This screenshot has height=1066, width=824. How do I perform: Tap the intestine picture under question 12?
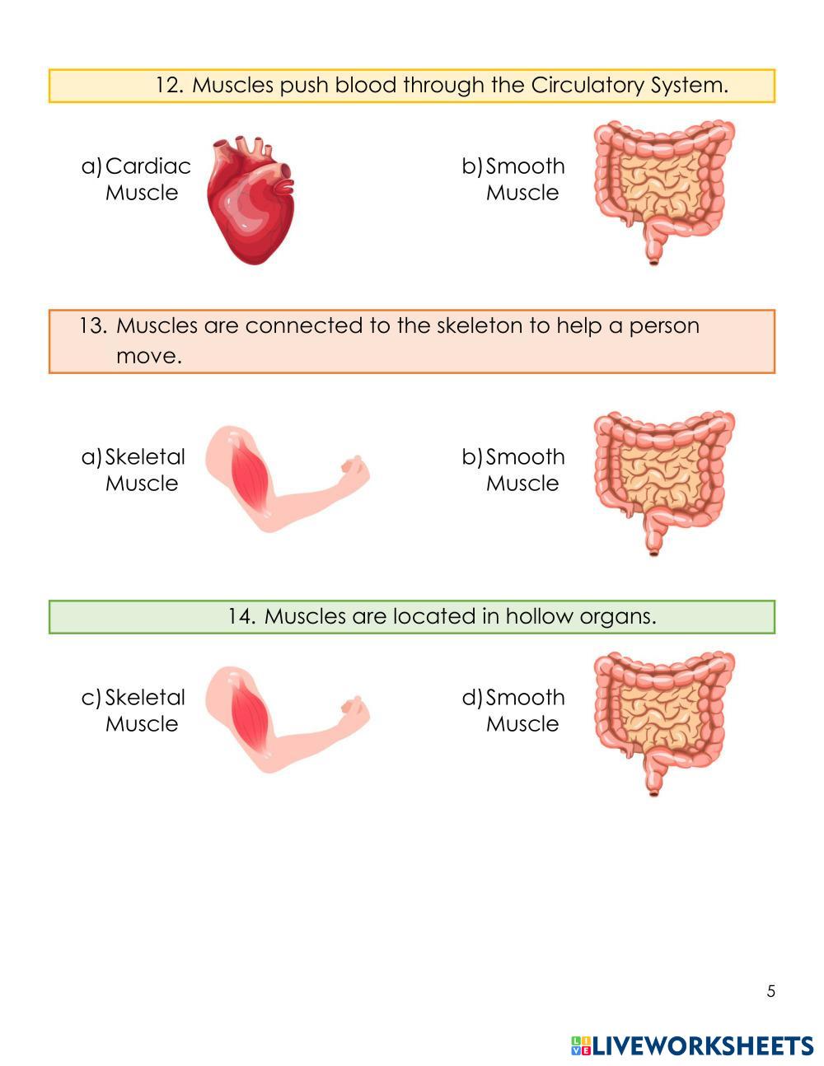click(x=663, y=189)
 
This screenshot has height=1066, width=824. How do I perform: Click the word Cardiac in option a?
click(x=148, y=166)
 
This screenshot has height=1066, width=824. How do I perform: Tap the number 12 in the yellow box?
click(x=169, y=86)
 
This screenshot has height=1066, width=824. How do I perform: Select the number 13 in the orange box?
click(x=93, y=326)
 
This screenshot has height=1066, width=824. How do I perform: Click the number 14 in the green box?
click(x=242, y=616)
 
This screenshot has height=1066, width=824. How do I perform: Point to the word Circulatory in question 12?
click(x=587, y=86)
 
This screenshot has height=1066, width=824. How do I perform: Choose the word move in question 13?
click(x=147, y=357)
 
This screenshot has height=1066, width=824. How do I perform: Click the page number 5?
click(x=771, y=991)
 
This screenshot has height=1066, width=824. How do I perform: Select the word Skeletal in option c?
click(x=145, y=698)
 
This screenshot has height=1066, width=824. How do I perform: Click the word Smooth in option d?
click(x=525, y=698)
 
